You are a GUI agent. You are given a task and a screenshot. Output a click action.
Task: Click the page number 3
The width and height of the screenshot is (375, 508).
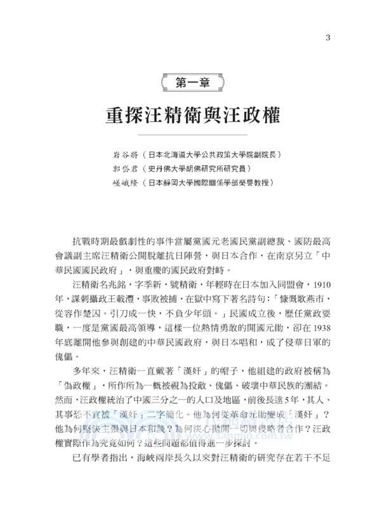coord(327,36)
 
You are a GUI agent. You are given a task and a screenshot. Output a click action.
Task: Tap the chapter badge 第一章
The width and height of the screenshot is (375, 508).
coord(187,82)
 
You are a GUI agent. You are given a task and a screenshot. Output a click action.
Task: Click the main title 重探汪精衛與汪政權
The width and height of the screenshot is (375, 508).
coord(188,117)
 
